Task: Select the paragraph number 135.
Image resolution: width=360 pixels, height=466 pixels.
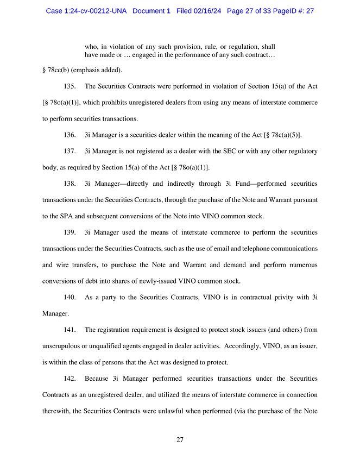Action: click(69, 86)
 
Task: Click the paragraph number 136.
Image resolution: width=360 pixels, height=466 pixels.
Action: click(69, 135)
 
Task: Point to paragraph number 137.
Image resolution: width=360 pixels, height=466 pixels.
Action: click(69, 150)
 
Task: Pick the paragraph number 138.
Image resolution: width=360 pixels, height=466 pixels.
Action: click(69, 183)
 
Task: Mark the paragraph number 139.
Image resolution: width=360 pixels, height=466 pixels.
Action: click(69, 232)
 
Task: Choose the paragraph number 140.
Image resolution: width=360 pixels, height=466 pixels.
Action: click(69, 297)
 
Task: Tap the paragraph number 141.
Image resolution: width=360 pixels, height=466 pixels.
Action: click(69, 330)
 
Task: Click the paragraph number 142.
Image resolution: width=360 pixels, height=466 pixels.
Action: click(69, 378)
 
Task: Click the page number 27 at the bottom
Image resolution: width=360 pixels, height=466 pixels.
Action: click(180, 440)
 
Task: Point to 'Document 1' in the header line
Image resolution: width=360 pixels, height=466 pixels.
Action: click(152, 11)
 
